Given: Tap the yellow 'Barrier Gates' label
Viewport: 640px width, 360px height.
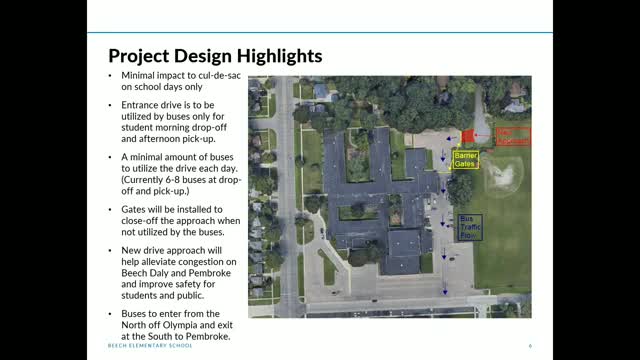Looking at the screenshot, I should pos(466,160).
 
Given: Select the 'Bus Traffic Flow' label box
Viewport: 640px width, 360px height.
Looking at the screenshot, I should pos(469,224).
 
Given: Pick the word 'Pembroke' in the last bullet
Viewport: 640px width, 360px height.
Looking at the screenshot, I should pos(205,337).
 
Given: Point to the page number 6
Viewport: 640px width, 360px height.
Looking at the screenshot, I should pos(529,346).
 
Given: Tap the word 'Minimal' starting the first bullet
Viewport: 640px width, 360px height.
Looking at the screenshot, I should pos(140,77).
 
